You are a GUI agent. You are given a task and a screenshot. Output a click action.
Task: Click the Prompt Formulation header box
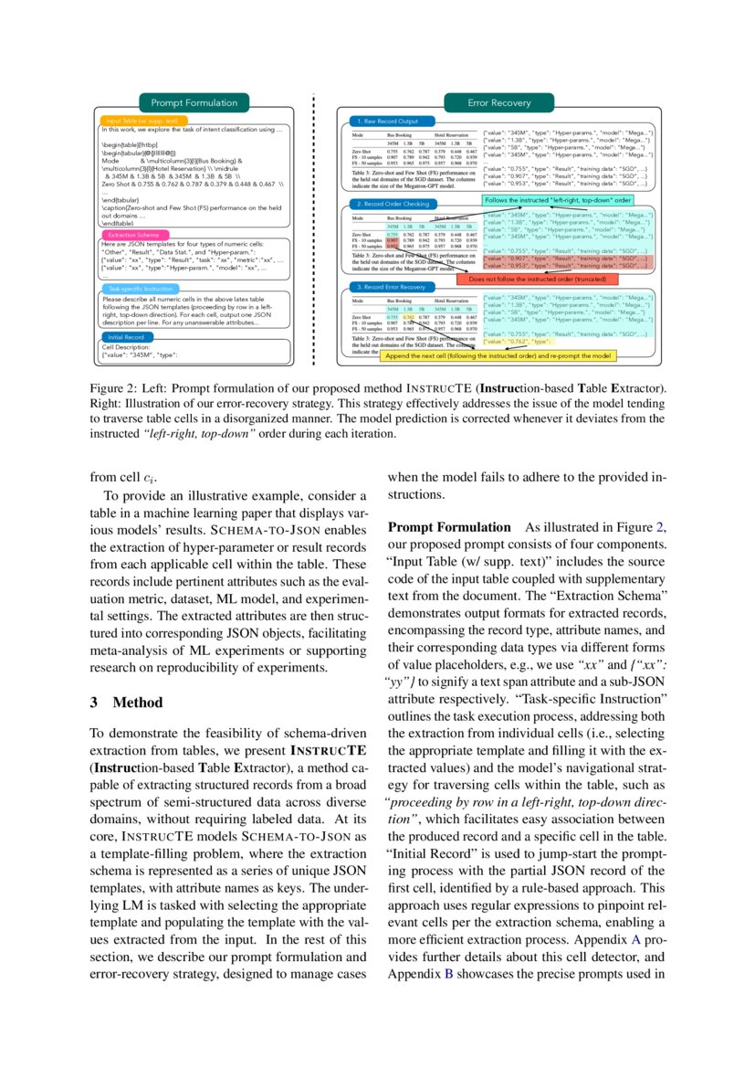[194, 103]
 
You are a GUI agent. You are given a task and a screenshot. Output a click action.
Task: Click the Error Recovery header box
[498, 103]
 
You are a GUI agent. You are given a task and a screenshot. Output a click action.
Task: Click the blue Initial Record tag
[126, 337]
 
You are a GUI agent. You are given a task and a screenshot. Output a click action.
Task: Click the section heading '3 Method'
[125, 703]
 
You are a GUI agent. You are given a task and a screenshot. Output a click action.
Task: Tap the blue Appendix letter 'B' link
[448, 973]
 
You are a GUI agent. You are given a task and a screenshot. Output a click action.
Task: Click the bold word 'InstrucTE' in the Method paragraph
[329, 752]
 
